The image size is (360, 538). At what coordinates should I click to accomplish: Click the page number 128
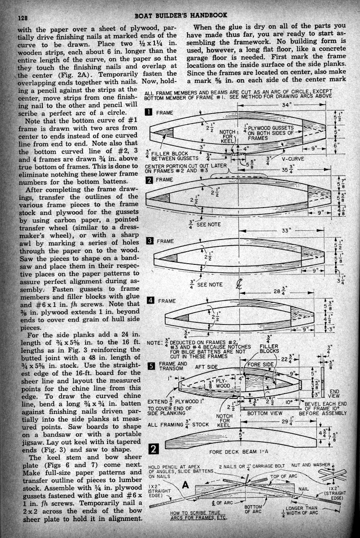pyautogui.click(x=20, y=18)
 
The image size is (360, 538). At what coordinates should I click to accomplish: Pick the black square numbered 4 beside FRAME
pyautogui.click(x=150, y=300)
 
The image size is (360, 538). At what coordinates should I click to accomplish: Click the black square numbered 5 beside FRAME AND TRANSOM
pyautogui.click(x=151, y=366)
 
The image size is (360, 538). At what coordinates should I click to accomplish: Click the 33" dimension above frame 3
pyautogui.click(x=286, y=230)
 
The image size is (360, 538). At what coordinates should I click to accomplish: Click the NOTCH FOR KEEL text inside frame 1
pyautogui.click(x=228, y=136)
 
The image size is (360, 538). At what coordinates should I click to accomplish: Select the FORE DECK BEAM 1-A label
pyautogui.click(x=238, y=452)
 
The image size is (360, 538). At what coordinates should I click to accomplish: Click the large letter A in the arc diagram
pyautogui.click(x=185, y=485)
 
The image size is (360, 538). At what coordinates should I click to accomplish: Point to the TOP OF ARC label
pyautogui.click(x=284, y=476)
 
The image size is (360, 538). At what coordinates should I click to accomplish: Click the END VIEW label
pyautogui.click(x=334, y=394)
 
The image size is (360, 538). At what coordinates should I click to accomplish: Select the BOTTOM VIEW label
pyautogui.click(x=265, y=413)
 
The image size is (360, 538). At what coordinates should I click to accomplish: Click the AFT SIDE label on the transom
pyautogui.click(x=206, y=367)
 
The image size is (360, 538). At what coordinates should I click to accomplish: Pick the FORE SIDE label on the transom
pyautogui.click(x=261, y=364)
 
